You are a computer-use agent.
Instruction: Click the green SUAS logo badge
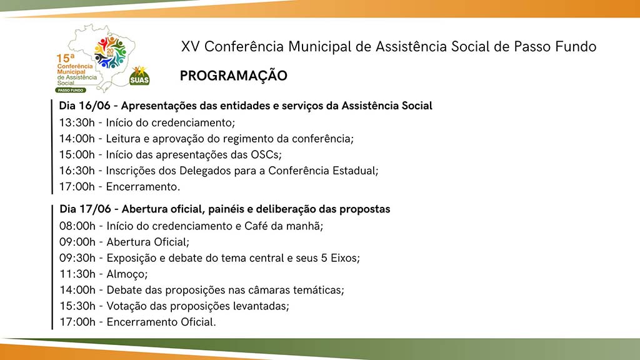click(139, 76)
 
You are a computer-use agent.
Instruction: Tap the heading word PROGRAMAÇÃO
click(234, 76)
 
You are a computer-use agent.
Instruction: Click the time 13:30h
click(77, 122)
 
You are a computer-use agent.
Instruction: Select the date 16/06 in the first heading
click(95, 106)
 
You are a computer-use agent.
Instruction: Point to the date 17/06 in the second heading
click(95, 209)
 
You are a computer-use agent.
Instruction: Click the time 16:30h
click(77, 171)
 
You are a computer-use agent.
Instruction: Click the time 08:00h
click(77, 226)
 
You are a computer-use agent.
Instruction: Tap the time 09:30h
click(77, 258)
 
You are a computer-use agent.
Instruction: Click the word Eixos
click(345, 258)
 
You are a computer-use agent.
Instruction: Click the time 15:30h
click(77, 306)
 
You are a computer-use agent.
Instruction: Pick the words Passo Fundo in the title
click(555, 46)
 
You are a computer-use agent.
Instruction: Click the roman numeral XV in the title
click(190, 46)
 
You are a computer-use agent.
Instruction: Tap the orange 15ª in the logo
click(66, 58)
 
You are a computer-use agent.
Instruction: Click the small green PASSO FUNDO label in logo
click(71, 90)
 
